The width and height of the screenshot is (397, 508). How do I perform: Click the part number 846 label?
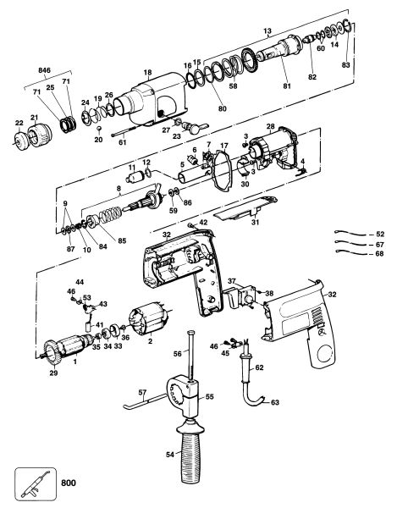[x=44, y=70]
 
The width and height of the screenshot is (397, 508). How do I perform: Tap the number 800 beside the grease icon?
[x=69, y=483]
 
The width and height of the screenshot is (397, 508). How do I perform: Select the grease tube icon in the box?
[x=36, y=484]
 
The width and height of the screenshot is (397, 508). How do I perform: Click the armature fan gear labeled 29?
[x=52, y=352]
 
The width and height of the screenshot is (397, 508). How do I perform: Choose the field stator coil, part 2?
[x=148, y=318]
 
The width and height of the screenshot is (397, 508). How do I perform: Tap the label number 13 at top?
[x=267, y=31]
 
